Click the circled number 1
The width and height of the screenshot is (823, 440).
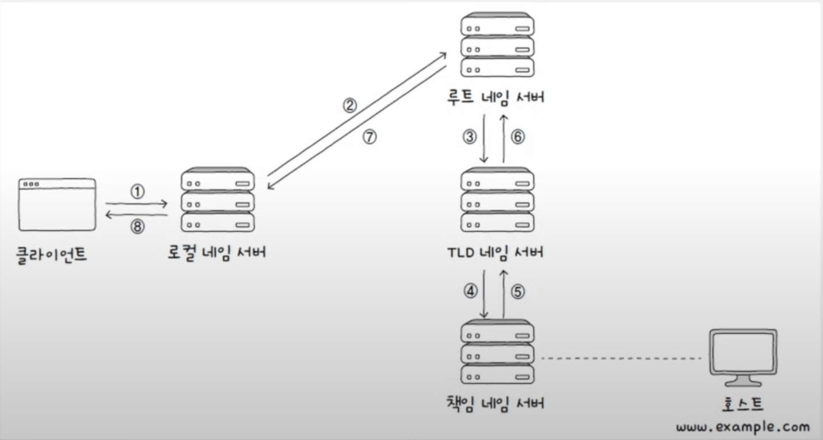point(138,192)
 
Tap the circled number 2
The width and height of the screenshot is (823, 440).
point(350,105)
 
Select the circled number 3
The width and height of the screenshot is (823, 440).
point(470,137)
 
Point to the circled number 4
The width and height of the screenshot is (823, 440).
point(470,291)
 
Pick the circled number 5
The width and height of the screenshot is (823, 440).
point(517,292)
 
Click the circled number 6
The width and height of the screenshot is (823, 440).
point(517,137)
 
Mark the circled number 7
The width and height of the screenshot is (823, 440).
point(370,137)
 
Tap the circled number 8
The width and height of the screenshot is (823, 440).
point(138,227)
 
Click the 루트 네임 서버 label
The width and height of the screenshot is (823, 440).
point(496,97)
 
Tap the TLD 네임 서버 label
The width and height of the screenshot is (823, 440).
point(496,252)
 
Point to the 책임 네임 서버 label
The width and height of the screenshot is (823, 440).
point(496,404)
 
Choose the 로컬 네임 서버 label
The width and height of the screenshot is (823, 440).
point(217,253)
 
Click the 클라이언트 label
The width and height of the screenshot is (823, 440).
point(51,255)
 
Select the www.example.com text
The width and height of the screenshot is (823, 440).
point(743,427)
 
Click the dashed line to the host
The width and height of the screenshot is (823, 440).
point(622,358)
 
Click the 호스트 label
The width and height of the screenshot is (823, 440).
point(742,404)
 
